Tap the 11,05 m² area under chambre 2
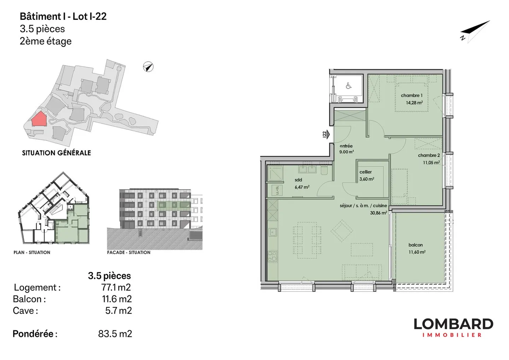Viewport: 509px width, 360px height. click(x=431, y=163)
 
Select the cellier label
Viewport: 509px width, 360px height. click(x=365, y=172)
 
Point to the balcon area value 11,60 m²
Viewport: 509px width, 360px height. click(x=417, y=252)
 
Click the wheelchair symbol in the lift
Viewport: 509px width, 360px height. click(x=348, y=86)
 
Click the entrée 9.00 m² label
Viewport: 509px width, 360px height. click(x=346, y=149)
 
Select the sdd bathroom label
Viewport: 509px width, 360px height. click(x=298, y=180)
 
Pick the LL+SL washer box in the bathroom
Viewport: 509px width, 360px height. click(x=277, y=190)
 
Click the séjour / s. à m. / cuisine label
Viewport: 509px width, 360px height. click(x=363, y=205)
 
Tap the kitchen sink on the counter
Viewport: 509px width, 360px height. click(x=273, y=232)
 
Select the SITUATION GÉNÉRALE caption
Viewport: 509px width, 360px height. click(x=57, y=153)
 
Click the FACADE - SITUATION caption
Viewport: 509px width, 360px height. click(x=129, y=252)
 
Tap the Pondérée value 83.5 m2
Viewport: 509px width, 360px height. click(x=115, y=334)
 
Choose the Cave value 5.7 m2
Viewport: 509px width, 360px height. click(x=118, y=310)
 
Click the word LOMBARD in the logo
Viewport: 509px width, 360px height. click(x=453, y=324)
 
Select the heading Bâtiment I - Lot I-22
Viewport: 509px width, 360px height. click(x=63, y=16)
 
